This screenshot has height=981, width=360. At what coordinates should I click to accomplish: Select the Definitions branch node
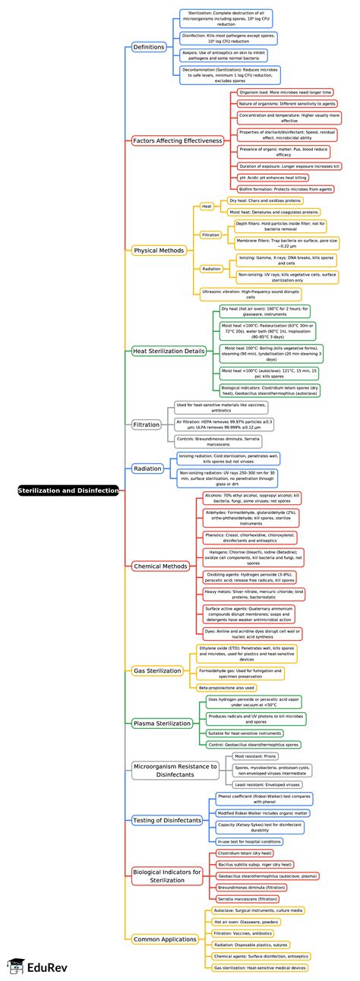[x=149, y=47]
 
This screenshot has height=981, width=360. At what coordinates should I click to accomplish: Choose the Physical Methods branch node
[x=159, y=250]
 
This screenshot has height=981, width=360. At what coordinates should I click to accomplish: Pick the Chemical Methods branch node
[x=159, y=544]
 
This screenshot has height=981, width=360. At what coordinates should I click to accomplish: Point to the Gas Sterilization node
[x=157, y=670]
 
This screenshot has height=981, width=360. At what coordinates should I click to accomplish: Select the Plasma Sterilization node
[x=162, y=723]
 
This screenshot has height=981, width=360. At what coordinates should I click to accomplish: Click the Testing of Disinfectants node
[x=167, y=820]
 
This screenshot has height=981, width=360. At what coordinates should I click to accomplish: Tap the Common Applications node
[x=165, y=939]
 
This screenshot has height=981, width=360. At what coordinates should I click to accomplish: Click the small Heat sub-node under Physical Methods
[x=207, y=206]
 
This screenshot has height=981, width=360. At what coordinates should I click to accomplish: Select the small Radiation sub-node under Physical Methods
[x=211, y=268]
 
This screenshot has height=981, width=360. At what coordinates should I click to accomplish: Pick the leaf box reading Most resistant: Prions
[x=258, y=756]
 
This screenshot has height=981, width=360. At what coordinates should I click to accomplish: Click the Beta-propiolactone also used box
[x=226, y=687]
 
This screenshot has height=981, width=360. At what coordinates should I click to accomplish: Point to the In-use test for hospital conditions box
[x=249, y=841]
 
